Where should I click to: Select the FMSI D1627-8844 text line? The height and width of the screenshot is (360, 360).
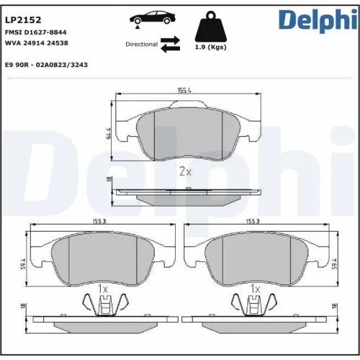click(x=36, y=32)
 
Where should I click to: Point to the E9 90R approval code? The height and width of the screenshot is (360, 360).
click(x=46, y=65)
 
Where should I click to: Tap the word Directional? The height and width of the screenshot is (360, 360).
click(x=141, y=44)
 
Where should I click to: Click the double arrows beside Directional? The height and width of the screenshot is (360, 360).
click(x=170, y=44)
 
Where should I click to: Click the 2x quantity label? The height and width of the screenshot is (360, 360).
click(x=185, y=171)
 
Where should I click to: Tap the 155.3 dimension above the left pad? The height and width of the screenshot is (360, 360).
click(x=99, y=222)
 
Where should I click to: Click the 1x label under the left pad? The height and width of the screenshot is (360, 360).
click(x=102, y=289)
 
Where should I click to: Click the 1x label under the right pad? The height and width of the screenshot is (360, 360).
click(x=254, y=289)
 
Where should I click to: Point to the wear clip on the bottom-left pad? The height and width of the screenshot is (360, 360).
click(x=103, y=306)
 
